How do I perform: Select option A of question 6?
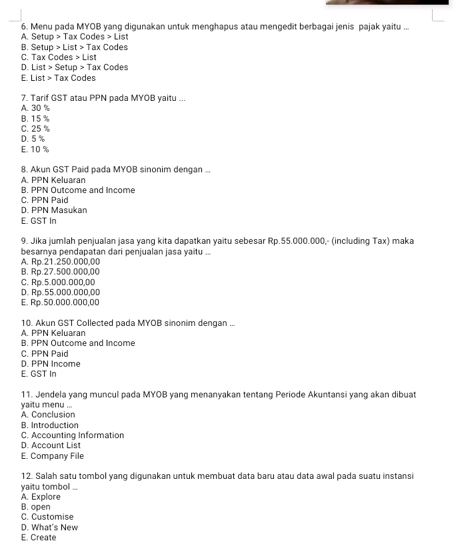point(74,37)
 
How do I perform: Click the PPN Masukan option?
point(54,210)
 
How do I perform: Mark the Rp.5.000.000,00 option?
point(58,283)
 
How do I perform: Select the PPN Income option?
point(51,364)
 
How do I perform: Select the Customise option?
point(47,517)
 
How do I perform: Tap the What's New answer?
point(49,528)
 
